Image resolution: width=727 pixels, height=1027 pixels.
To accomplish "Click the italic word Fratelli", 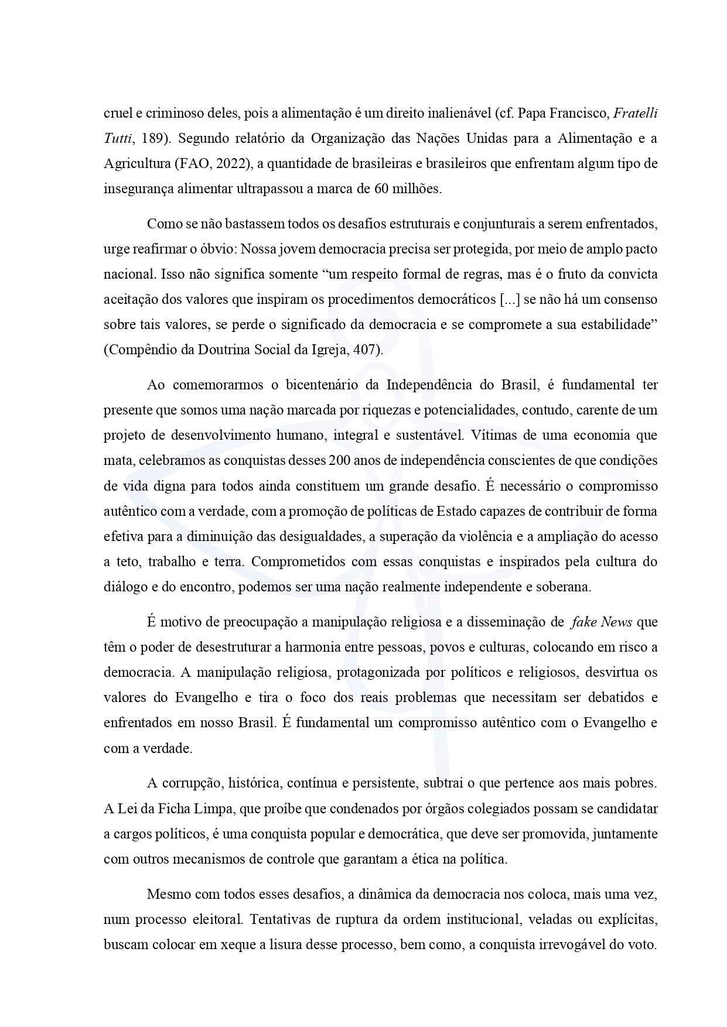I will (635, 113).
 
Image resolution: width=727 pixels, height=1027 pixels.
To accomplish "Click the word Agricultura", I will (136, 163).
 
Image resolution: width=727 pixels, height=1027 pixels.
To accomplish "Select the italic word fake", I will (583, 622).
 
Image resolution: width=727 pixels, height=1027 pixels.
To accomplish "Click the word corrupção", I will (190, 783).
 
